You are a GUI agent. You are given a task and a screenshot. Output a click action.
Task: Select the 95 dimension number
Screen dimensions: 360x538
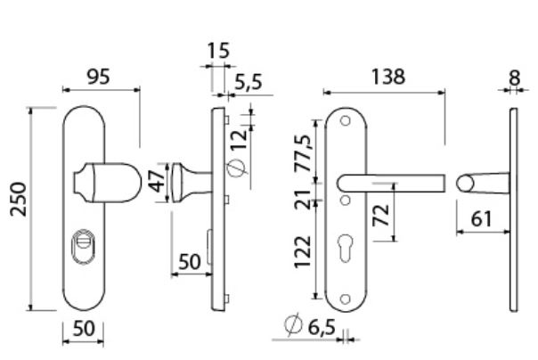(99, 78)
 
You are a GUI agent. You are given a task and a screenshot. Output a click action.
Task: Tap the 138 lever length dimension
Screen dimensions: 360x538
(387, 78)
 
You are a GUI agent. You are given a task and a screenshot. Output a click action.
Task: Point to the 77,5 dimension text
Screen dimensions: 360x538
(305, 154)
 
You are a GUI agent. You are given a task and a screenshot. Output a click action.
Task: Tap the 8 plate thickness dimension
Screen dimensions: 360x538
(514, 78)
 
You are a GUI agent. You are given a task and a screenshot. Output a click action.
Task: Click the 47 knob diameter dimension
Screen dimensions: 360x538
(157, 182)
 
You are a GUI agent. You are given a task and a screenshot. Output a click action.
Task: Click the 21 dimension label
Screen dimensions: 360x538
(305, 198)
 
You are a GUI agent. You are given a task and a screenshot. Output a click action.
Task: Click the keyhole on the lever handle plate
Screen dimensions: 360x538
(345, 248)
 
